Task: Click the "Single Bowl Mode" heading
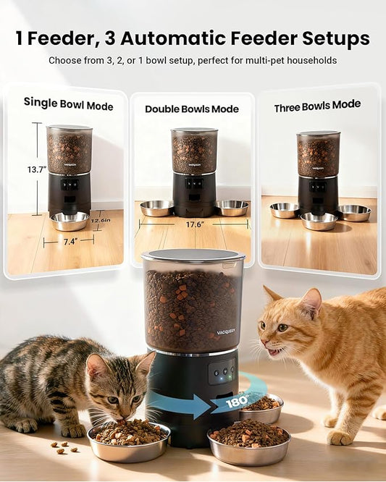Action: click(x=68, y=104)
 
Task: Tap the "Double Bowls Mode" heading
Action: click(x=191, y=109)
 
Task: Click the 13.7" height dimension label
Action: click(x=36, y=169)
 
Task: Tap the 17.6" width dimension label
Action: click(x=193, y=224)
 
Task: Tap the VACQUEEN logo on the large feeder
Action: click(x=226, y=334)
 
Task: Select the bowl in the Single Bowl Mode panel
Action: click(x=70, y=221)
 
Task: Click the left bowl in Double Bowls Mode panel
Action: click(x=156, y=208)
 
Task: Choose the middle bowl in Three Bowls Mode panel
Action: click(x=319, y=221)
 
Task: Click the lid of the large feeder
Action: click(x=193, y=255)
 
